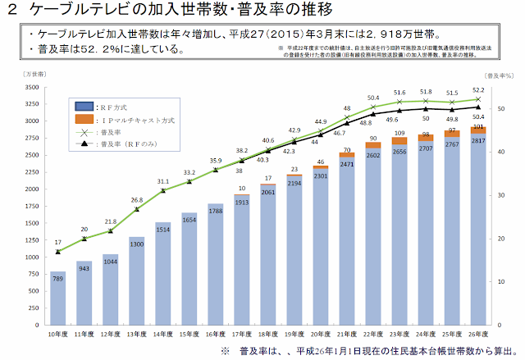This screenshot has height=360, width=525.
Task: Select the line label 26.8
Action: [x=136, y=199]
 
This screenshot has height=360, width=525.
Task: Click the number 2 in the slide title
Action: [x=11, y=11]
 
